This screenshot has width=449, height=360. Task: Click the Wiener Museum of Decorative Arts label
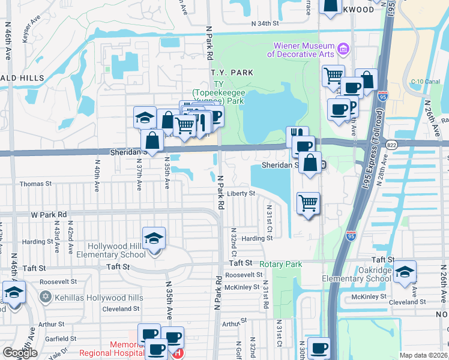click(303, 50)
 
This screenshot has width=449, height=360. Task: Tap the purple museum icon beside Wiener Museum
click(343, 47)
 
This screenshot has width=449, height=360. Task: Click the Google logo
click(20, 353)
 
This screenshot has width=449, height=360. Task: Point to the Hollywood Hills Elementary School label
click(116, 250)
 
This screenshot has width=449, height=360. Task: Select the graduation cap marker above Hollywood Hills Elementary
click(154, 239)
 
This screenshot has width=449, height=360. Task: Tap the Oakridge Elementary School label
click(357, 274)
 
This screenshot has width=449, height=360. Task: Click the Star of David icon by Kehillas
click(44, 298)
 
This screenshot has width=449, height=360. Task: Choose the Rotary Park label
click(281, 264)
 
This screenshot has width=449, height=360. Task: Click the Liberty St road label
click(241, 194)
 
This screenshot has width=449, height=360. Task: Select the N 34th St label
click(265, 23)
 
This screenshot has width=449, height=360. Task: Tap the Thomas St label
click(32, 184)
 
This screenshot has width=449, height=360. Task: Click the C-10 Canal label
click(423, 82)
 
